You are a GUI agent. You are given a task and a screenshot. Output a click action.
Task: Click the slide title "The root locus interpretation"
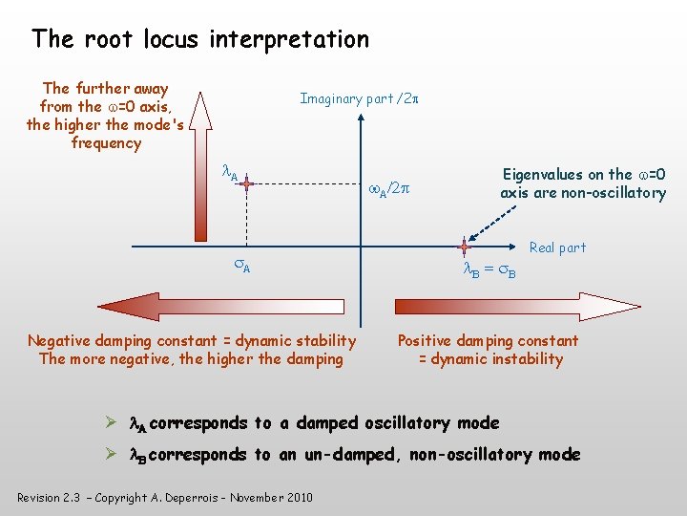tap(199, 39)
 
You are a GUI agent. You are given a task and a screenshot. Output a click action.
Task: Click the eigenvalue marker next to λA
tap(246, 183)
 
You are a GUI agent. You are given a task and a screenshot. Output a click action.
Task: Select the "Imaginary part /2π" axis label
tap(361, 98)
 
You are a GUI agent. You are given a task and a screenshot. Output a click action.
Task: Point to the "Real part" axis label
tap(557, 247)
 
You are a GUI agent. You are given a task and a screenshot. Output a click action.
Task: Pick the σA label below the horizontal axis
tap(243, 267)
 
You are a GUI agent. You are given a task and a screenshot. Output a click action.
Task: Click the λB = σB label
tap(489, 271)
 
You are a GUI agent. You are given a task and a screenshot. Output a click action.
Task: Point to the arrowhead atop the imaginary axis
tap(361, 122)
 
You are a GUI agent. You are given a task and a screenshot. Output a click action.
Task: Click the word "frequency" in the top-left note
tap(106, 143)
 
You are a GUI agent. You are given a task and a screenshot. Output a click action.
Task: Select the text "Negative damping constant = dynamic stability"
tap(192, 340)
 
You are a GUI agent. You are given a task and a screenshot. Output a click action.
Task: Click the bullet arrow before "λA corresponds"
tap(112, 422)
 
